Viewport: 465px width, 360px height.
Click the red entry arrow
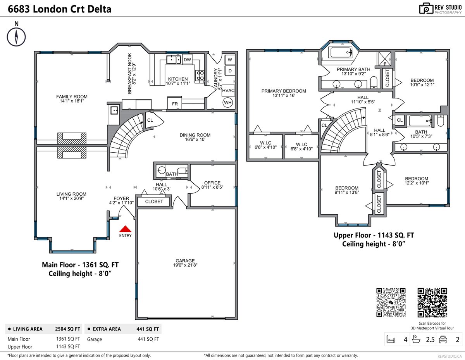click(125, 229)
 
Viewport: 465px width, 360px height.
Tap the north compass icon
click(16, 37)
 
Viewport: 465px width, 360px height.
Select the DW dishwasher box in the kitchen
click(187, 60)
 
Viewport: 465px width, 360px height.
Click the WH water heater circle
click(228, 103)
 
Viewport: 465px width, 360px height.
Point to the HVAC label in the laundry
click(228, 90)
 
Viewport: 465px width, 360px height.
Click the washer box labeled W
click(230, 60)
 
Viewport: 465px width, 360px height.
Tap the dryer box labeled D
click(230, 71)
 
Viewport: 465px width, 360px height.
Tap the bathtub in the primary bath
click(341, 52)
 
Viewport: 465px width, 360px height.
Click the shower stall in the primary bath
click(384, 59)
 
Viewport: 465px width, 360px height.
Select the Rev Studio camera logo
click(426, 9)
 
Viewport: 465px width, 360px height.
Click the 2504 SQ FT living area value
click(68, 329)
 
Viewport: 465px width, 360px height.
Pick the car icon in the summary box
click(443, 339)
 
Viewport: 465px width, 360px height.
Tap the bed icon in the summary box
click(391, 339)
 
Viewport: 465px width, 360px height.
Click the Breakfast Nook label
click(132, 74)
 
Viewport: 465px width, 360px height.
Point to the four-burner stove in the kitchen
click(200, 76)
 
